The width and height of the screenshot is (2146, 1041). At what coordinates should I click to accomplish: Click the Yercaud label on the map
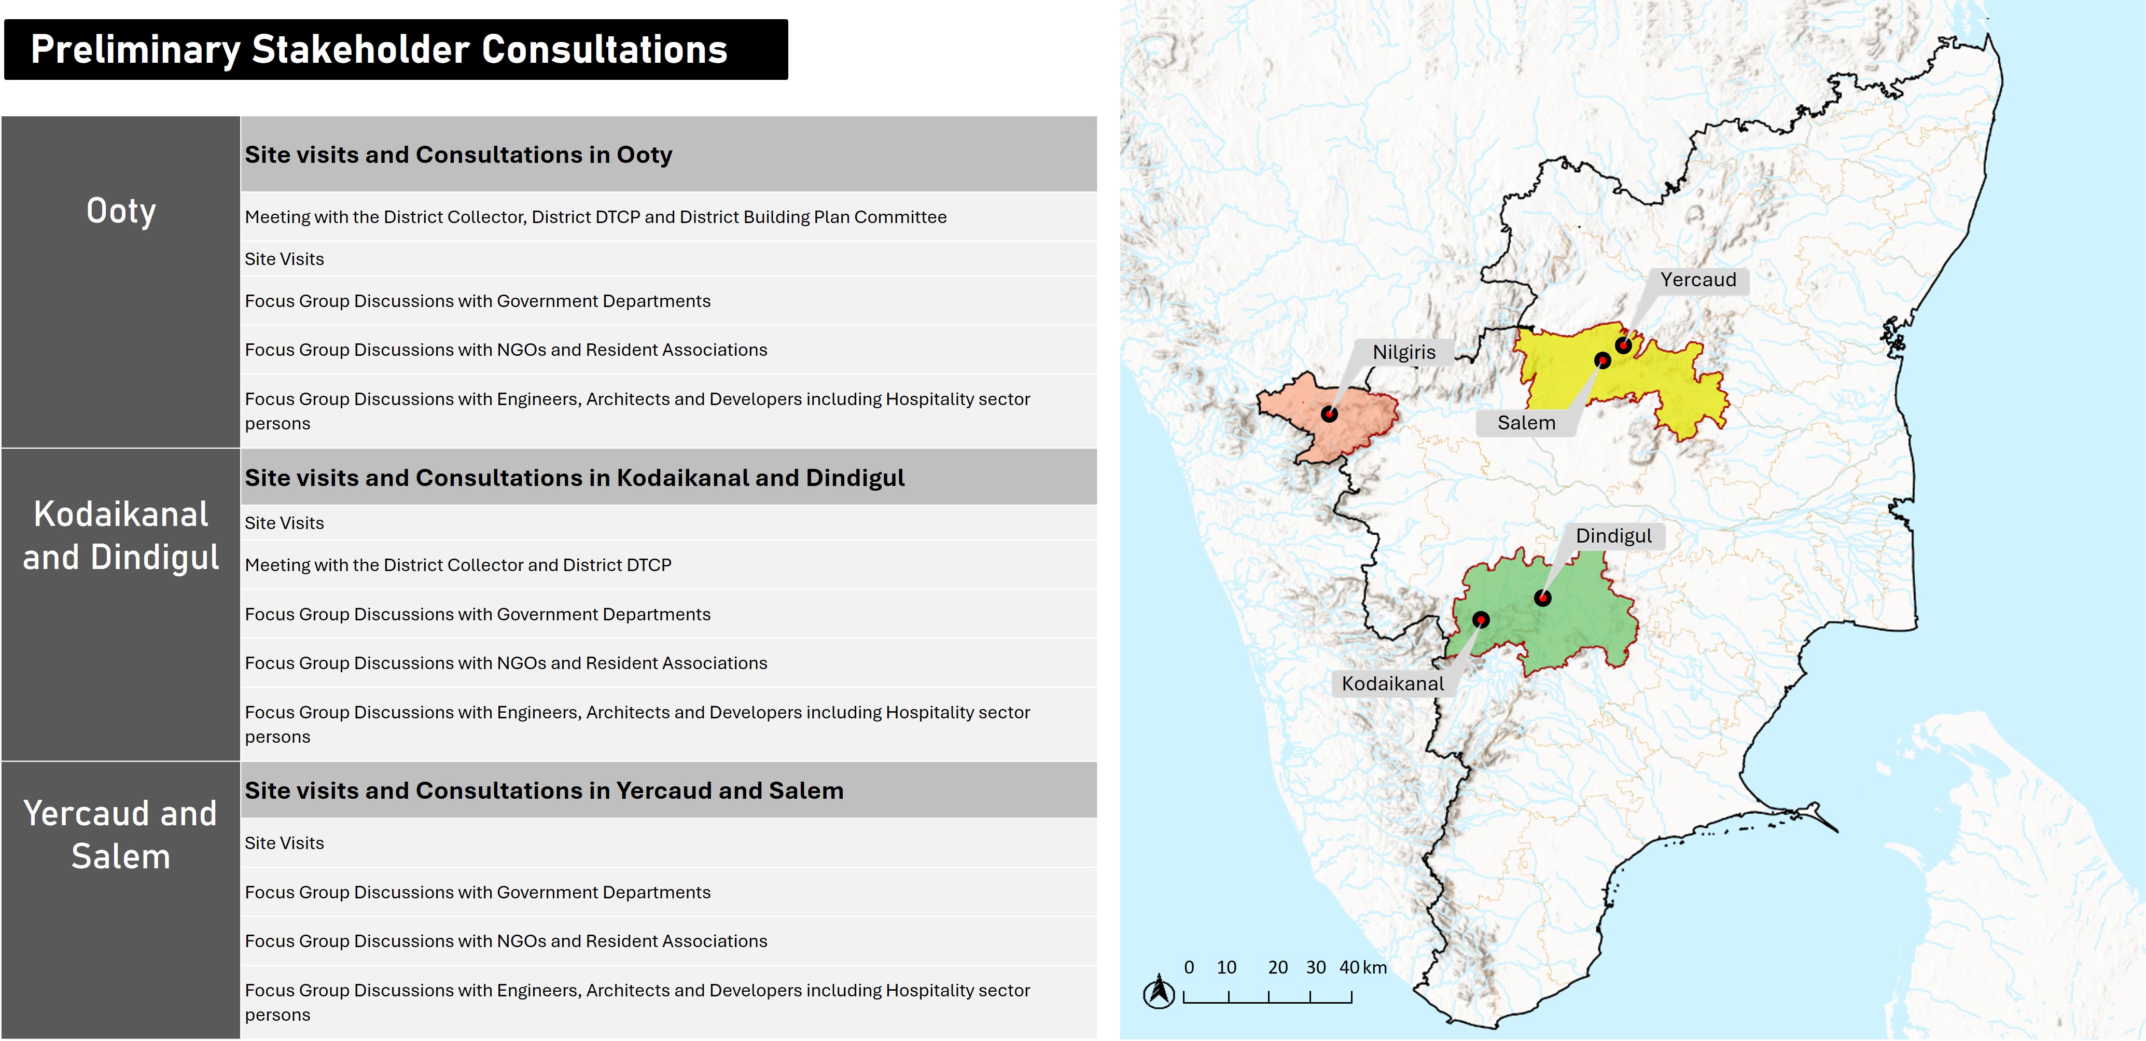point(1698,280)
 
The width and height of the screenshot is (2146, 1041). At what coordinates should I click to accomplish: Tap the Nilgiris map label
point(1404,353)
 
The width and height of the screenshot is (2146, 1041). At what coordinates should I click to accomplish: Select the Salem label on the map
point(1526,423)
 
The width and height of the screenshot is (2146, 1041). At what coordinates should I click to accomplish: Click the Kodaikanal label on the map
point(1392,684)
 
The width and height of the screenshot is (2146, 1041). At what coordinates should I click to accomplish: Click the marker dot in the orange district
point(1330,413)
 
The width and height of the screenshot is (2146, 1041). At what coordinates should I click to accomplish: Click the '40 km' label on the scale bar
point(1363,968)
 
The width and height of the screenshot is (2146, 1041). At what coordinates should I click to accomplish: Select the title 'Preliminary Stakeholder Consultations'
point(379,50)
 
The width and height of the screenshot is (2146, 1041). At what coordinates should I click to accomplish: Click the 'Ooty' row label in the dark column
point(121,211)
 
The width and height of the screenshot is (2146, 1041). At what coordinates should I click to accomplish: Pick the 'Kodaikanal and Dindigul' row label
point(121,536)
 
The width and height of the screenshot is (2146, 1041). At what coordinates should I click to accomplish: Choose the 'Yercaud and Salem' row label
point(121,835)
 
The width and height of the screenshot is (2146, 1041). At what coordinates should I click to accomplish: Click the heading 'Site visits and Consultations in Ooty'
point(458,155)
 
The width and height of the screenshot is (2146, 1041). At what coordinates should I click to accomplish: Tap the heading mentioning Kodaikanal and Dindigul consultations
point(574,478)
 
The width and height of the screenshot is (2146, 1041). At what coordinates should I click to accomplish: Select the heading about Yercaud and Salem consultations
point(544,791)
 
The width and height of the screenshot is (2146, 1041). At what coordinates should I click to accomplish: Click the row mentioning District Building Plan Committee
point(596,217)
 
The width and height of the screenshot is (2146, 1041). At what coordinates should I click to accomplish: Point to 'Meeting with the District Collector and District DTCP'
point(457,565)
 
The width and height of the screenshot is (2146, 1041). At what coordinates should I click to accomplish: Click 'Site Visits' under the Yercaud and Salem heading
point(284,843)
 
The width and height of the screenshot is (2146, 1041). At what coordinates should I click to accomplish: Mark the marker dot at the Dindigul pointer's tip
point(1543,598)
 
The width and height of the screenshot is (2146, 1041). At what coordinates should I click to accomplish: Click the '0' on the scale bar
point(1189,968)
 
